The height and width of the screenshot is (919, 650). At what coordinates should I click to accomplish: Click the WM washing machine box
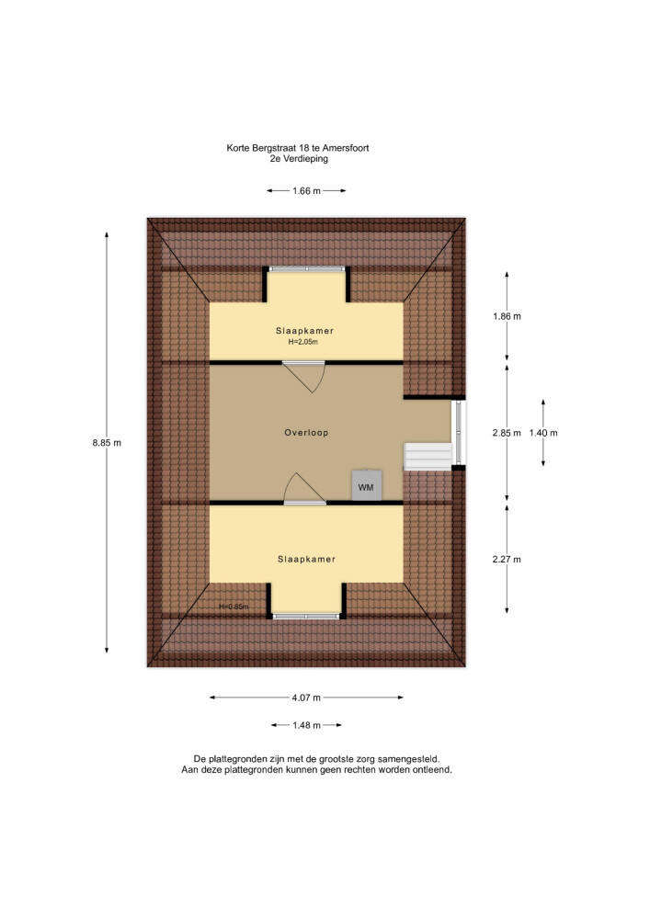(x=366, y=484)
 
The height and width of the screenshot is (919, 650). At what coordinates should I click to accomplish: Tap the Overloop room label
(x=306, y=433)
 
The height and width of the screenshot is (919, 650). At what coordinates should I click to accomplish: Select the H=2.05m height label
(x=303, y=342)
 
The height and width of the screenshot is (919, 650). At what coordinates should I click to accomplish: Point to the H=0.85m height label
(x=234, y=607)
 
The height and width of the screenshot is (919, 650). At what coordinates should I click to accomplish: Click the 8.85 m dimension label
(x=107, y=443)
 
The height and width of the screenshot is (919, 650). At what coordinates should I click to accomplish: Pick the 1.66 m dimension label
(x=306, y=190)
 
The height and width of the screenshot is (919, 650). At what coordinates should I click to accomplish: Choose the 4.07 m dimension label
(x=306, y=698)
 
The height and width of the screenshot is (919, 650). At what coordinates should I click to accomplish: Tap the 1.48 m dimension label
(x=306, y=725)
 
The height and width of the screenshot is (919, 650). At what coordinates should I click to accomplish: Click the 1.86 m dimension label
(x=507, y=316)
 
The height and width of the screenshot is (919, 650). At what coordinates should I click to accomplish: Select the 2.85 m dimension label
(x=507, y=433)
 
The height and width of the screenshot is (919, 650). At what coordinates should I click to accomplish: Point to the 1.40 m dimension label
(x=543, y=433)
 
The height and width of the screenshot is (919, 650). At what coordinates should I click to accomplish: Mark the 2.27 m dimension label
(x=507, y=559)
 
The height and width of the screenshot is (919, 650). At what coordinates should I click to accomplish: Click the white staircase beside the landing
(x=428, y=457)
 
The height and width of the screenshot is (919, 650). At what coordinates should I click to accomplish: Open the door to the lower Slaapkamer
(x=305, y=489)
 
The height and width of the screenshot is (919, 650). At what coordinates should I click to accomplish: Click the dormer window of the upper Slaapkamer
(x=306, y=269)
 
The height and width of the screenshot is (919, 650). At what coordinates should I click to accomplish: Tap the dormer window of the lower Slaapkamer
(x=306, y=616)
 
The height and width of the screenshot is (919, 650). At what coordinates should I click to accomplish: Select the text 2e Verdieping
(x=299, y=159)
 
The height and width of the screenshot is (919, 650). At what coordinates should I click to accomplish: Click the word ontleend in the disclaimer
(x=432, y=769)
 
